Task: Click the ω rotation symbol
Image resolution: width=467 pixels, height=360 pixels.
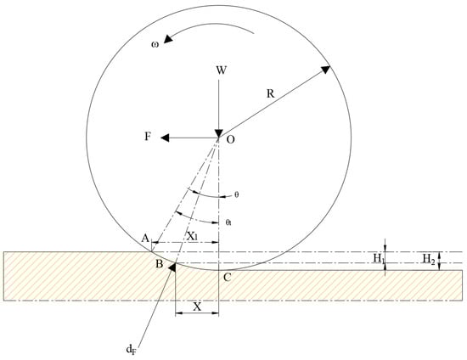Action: (x=155, y=45)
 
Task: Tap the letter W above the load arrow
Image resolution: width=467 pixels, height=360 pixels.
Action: (x=222, y=70)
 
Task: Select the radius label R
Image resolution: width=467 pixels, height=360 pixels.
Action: (x=270, y=93)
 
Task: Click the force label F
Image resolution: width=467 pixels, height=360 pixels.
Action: (x=148, y=137)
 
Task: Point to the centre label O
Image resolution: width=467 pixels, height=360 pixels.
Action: (x=231, y=139)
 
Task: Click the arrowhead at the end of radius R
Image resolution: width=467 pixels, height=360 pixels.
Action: (x=325, y=70)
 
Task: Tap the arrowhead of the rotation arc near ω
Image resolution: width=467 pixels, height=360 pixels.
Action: (x=168, y=38)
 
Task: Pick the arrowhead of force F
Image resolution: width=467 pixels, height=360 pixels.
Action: (x=165, y=138)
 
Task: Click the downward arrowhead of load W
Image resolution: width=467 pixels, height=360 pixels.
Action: (x=219, y=133)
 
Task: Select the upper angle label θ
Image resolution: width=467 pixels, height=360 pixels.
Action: (x=237, y=194)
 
